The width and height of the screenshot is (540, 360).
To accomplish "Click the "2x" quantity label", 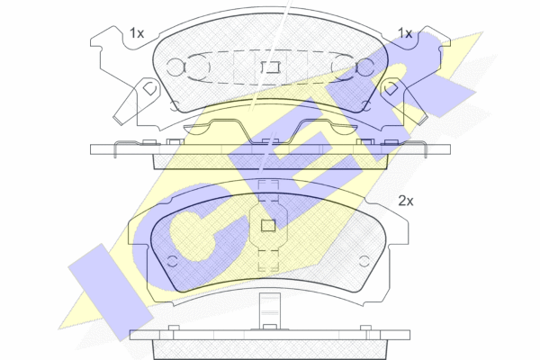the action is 406,201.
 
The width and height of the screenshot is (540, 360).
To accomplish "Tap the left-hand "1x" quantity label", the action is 137,33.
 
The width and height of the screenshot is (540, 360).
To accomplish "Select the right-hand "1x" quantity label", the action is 405,33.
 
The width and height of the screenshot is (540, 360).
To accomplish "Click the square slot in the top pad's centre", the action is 270,67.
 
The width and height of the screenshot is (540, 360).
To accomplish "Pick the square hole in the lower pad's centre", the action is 268,226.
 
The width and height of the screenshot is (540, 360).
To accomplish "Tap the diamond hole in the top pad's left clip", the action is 149,88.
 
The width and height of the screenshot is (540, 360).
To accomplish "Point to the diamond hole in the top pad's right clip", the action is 391,88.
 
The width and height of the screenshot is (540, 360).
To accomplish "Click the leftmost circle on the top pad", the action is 175,67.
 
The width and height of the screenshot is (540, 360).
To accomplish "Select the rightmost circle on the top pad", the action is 365,67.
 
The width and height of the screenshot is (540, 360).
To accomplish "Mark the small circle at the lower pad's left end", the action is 172,261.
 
